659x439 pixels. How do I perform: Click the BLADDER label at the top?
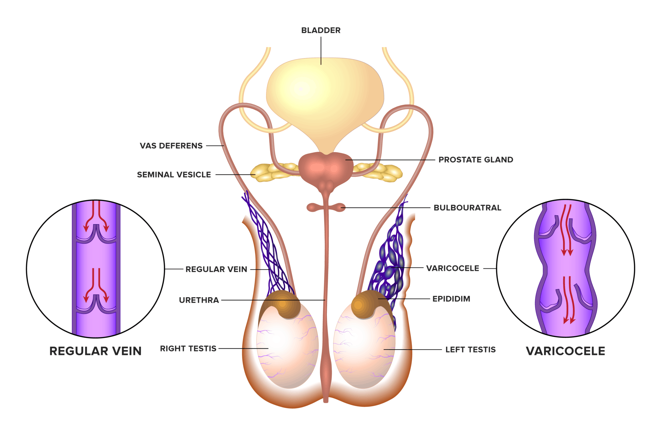(321, 31)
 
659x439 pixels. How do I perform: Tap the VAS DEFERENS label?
(171, 146)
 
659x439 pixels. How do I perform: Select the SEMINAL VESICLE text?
(174, 175)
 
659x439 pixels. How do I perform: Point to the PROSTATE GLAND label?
(476, 160)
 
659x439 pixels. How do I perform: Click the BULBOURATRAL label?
(467, 208)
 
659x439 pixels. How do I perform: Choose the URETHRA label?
(199, 300)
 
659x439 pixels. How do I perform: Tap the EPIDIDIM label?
(451, 299)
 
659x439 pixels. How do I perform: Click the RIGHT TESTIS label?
(188, 349)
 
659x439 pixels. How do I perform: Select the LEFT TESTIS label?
(470, 350)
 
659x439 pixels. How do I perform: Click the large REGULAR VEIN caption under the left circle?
(96, 351)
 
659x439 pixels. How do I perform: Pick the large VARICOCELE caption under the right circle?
(565, 351)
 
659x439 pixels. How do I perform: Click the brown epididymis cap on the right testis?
(282, 304)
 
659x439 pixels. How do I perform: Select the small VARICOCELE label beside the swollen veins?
(452, 268)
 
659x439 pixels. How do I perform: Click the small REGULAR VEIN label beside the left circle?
(216, 269)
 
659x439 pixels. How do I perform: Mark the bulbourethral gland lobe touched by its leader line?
(340, 208)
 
